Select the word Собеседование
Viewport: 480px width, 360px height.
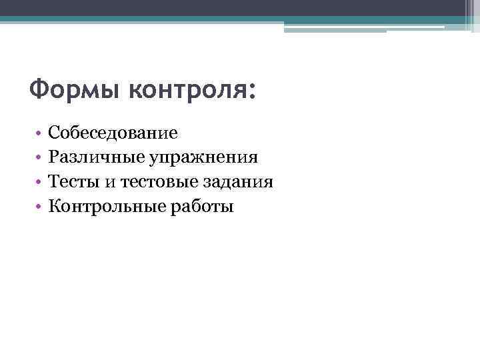coord(113,133)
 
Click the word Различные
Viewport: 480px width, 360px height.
coord(90,157)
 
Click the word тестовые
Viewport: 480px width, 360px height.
coord(158,182)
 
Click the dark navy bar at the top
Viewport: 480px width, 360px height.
coord(240,7)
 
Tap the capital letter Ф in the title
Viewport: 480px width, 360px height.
coord(39,89)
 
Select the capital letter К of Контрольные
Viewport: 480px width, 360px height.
coord(55,207)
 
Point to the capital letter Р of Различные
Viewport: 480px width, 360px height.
coord(53,157)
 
